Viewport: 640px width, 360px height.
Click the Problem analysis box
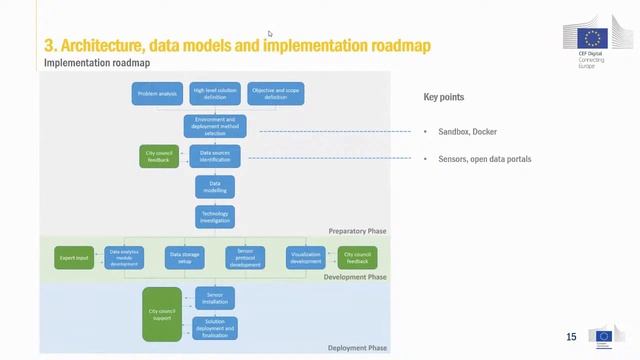click(x=157, y=94)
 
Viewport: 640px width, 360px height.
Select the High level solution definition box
click(x=215, y=94)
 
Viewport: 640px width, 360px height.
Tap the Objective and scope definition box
click(x=276, y=94)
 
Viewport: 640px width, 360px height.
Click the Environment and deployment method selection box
click(x=215, y=125)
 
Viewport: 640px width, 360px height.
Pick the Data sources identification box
click(x=215, y=156)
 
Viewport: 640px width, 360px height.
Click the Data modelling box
click(x=215, y=187)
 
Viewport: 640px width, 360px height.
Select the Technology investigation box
click(x=215, y=217)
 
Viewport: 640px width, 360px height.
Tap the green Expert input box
click(x=74, y=258)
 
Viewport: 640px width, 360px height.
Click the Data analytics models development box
click(x=124, y=258)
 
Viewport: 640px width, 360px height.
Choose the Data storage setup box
click(x=185, y=258)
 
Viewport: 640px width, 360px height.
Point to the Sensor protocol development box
click(x=245, y=258)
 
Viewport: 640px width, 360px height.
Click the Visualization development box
click(x=306, y=258)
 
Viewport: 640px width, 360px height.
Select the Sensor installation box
click(x=215, y=298)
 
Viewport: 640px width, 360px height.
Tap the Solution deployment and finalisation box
click(x=215, y=328)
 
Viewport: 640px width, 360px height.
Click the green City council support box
click(x=162, y=313)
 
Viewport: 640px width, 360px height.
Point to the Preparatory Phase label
click(x=357, y=231)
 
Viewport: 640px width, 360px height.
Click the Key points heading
click(x=443, y=98)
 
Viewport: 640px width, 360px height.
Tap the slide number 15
click(x=571, y=337)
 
